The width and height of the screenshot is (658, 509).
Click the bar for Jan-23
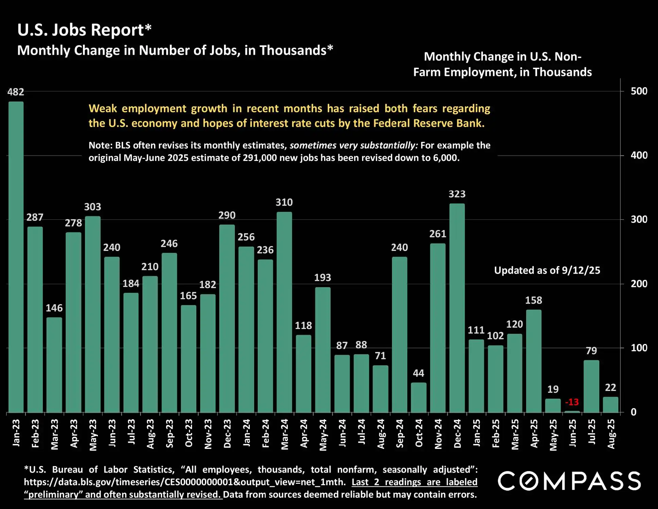(16, 257)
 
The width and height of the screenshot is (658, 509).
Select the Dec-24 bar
(457, 308)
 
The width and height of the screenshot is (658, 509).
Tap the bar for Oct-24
(418, 397)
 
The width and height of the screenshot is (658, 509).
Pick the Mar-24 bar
(284, 312)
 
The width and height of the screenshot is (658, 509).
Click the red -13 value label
(572, 402)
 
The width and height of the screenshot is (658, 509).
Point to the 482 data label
(16, 92)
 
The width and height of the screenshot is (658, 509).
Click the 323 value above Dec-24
(457, 194)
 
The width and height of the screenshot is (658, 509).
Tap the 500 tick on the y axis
(639, 91)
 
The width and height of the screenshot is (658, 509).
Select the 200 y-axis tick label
(639, 284)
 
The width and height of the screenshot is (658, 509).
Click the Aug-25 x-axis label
(611, 434)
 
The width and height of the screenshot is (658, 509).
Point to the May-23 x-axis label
(93, 435)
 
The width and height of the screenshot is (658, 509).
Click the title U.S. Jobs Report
(84, 30)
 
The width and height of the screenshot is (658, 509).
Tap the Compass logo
(569, 481)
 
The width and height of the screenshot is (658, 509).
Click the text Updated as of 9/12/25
(547, 270)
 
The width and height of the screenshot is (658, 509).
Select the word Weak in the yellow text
(103, 109)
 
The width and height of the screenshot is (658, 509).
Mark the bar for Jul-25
(591, 386)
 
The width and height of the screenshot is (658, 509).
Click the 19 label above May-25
(553, 389)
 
